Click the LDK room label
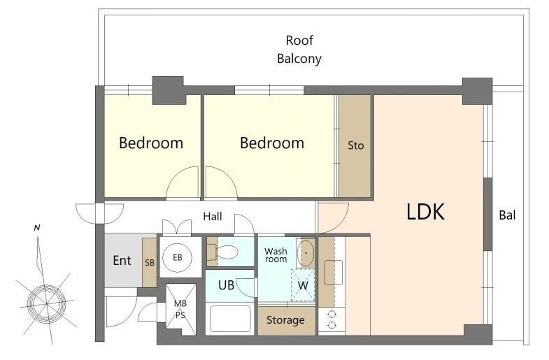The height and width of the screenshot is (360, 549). pos(425,212)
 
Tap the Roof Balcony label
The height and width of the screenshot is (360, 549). pos(299,50)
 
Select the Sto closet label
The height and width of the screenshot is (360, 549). pos(356,145)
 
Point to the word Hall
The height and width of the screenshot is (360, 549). pos(213,217)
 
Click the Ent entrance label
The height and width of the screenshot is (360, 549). pos(122,261)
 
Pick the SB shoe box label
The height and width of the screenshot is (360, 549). pos(149,262)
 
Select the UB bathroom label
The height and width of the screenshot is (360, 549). pos(226,285)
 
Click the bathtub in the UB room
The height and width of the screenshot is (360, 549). pos(230,319)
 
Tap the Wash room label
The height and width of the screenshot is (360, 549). pos(276,255)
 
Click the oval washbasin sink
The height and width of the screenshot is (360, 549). pos(306,252)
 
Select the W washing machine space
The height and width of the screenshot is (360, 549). pos(303,286)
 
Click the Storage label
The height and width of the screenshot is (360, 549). pos(286,320)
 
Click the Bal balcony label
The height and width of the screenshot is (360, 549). pos(507,215)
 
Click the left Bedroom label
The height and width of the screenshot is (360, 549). pos(151,143)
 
